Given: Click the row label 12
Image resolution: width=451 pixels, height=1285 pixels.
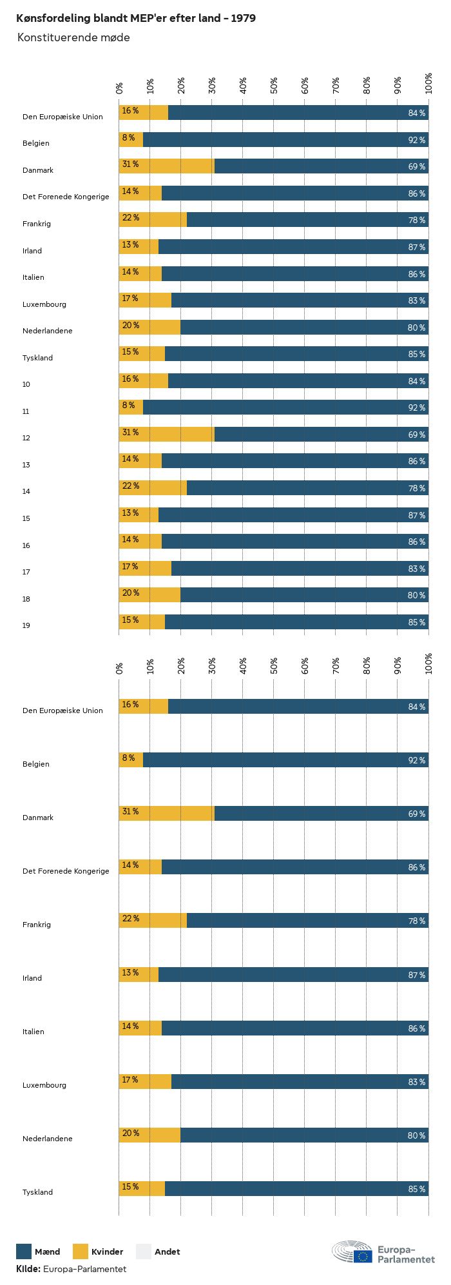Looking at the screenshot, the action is point(26,438).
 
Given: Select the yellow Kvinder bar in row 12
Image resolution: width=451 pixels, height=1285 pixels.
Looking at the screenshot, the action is point(166,434).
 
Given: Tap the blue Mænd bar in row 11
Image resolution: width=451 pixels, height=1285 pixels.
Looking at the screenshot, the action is point(285,407).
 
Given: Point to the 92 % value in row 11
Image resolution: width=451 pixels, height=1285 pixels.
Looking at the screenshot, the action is point(416,407).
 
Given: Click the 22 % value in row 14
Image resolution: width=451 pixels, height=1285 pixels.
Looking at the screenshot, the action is point(131,486).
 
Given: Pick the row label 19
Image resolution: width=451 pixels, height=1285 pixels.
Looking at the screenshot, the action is point(26,625).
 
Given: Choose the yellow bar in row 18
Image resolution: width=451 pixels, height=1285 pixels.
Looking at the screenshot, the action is point(149,594).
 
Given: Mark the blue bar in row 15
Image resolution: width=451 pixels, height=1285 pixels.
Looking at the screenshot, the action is point(293,515).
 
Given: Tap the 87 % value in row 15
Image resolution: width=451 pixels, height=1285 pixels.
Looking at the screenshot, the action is point(416,515).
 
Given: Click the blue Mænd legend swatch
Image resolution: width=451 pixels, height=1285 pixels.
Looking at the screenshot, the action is point(24,1251).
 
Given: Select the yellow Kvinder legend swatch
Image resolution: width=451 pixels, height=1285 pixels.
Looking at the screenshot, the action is point(80,1251).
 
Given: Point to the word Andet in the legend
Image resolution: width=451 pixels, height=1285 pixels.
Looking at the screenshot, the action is point(167,1252).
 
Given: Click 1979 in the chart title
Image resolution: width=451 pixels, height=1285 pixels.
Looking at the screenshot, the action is point(244,18).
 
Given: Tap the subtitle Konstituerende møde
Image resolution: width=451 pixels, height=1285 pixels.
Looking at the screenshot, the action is point(73,37).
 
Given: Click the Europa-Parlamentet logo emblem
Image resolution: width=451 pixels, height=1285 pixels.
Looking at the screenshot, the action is point(352,1251).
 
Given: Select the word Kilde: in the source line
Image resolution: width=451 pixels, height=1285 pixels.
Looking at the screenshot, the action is point(28,1269).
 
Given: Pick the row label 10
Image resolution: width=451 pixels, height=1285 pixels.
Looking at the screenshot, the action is point(26,384).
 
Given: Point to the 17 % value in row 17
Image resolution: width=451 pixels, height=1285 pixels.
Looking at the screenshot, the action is point(130,566).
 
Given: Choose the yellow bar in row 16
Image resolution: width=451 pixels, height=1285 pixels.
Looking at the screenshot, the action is point(140,541).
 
